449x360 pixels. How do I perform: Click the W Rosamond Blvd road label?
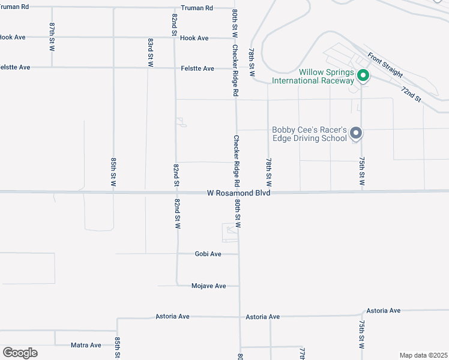239,193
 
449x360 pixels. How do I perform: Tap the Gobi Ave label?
208,254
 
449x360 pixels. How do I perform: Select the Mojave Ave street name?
208,286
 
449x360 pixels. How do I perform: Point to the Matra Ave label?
86,345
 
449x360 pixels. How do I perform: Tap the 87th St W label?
52,37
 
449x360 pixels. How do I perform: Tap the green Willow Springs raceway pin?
363,75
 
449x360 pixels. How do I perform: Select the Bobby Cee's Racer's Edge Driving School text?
310,134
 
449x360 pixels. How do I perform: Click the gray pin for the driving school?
356,133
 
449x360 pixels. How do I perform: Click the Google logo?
20,353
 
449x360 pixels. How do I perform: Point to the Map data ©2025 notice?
423,355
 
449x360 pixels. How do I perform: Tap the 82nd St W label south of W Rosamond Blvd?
178,214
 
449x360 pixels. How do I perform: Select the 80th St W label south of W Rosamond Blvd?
238,214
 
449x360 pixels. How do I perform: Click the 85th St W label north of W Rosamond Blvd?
113,173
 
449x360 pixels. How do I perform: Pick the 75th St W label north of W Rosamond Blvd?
362,173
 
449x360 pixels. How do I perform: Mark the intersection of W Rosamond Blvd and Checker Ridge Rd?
237,193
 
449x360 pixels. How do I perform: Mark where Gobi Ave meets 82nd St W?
177,254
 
